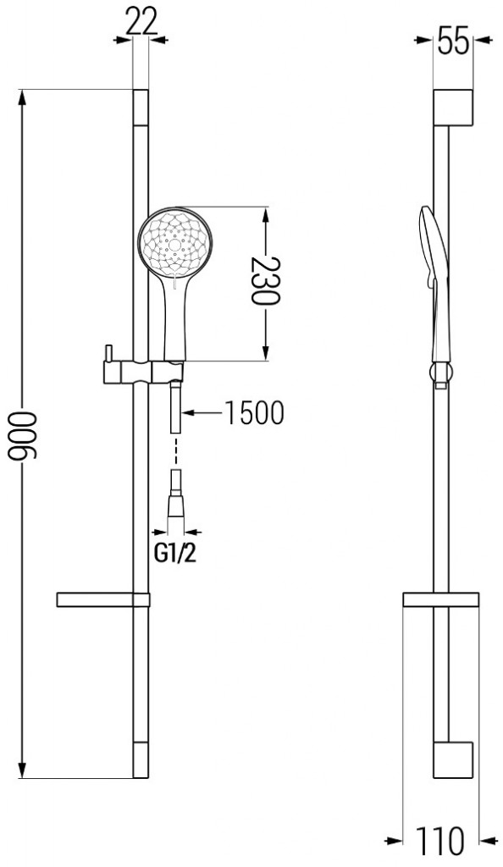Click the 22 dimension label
tap(141, 21)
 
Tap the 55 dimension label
tap(452, 40)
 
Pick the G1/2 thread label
tap(178, 555)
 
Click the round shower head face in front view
tap(175, 246)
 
